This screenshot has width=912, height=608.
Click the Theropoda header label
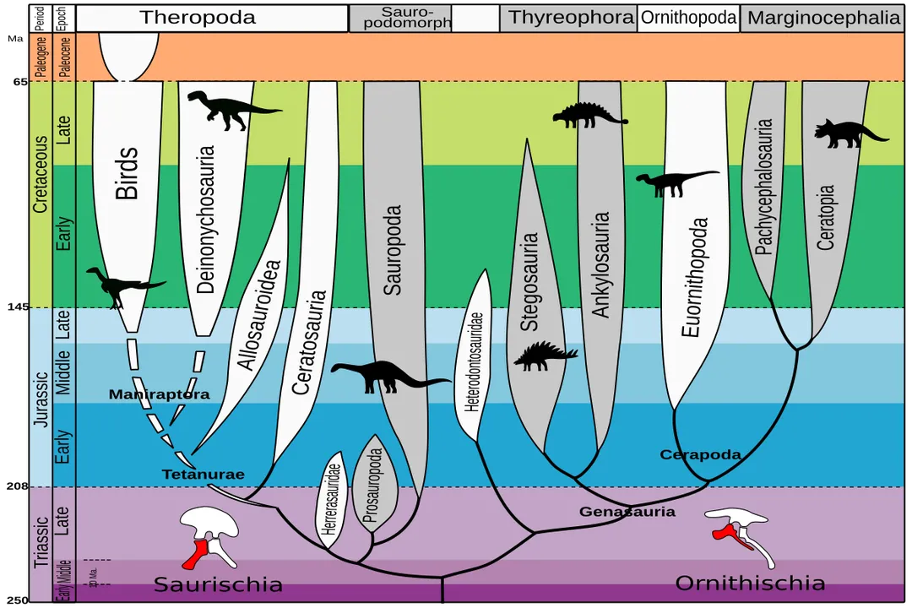pos(198,18)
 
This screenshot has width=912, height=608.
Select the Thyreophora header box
pos(571,18)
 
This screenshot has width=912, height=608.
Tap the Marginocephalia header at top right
pos(824,18)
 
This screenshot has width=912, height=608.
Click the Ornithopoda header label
pos(688,18)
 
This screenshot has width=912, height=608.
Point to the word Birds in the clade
pos(127,174)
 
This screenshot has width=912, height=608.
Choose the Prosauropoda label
pos(377,485)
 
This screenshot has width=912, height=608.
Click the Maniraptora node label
pos(159,394)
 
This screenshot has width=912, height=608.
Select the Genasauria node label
pos(627,512)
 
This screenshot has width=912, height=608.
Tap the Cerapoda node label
pos(700,455)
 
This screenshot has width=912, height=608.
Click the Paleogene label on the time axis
pos(40,57)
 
